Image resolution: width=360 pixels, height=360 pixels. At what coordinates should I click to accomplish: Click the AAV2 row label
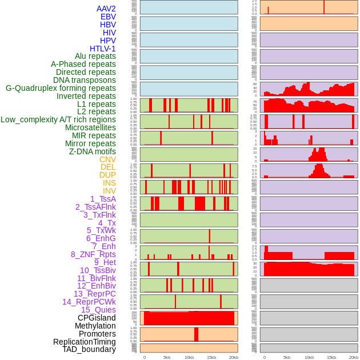[106, 9]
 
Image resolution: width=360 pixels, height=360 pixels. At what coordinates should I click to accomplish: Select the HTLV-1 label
[102, 49]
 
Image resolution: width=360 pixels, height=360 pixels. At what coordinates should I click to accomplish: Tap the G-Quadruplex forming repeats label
[61, 88]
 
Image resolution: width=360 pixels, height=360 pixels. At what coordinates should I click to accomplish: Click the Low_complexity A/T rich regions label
[58, 119]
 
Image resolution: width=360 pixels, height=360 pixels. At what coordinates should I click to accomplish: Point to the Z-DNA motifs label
[92, 151]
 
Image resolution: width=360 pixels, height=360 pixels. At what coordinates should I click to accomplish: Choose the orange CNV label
[107, 159]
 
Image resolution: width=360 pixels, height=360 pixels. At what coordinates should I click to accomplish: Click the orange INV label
[109, 191]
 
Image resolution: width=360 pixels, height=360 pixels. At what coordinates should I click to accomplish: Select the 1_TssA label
[103, 199]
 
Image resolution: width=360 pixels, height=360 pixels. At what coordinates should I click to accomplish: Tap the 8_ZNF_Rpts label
[93, 254]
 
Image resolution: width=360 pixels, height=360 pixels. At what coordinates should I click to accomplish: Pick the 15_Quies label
[98, 310]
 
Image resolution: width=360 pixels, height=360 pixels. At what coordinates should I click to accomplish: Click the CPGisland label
[97, 318]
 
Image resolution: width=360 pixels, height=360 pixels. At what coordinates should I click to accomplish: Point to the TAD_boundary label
[89, 349]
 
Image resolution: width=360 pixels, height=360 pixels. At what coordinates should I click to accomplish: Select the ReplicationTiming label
[85, 342]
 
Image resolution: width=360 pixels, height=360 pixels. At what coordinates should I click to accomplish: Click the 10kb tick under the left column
[189, 357]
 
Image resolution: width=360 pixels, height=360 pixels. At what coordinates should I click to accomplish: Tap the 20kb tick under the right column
[354, 357]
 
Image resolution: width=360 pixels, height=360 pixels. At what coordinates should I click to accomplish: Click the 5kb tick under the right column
[287, 357]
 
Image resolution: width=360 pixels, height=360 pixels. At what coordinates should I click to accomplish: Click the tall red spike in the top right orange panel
[324, 7]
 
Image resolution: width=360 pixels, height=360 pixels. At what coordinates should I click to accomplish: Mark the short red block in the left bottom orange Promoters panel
[196, 334]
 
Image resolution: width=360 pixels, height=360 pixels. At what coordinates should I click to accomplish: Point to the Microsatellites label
[90, 127]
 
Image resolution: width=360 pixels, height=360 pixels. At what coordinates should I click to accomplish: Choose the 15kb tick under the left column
[211, 357]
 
